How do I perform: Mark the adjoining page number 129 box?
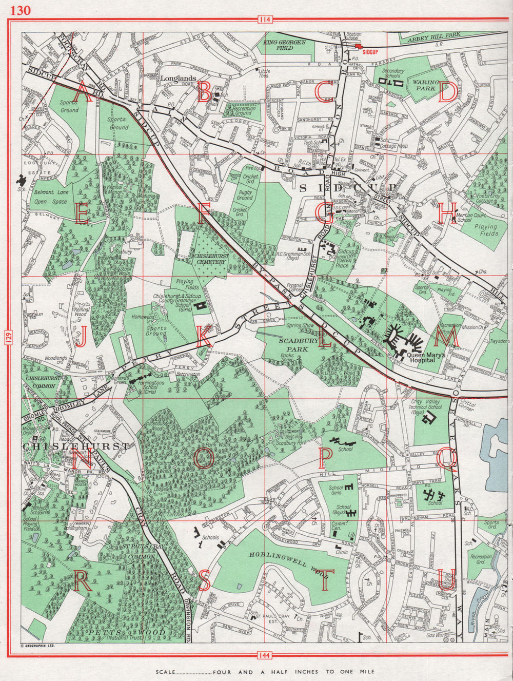point(11,338)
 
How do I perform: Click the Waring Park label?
point(426,85)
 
